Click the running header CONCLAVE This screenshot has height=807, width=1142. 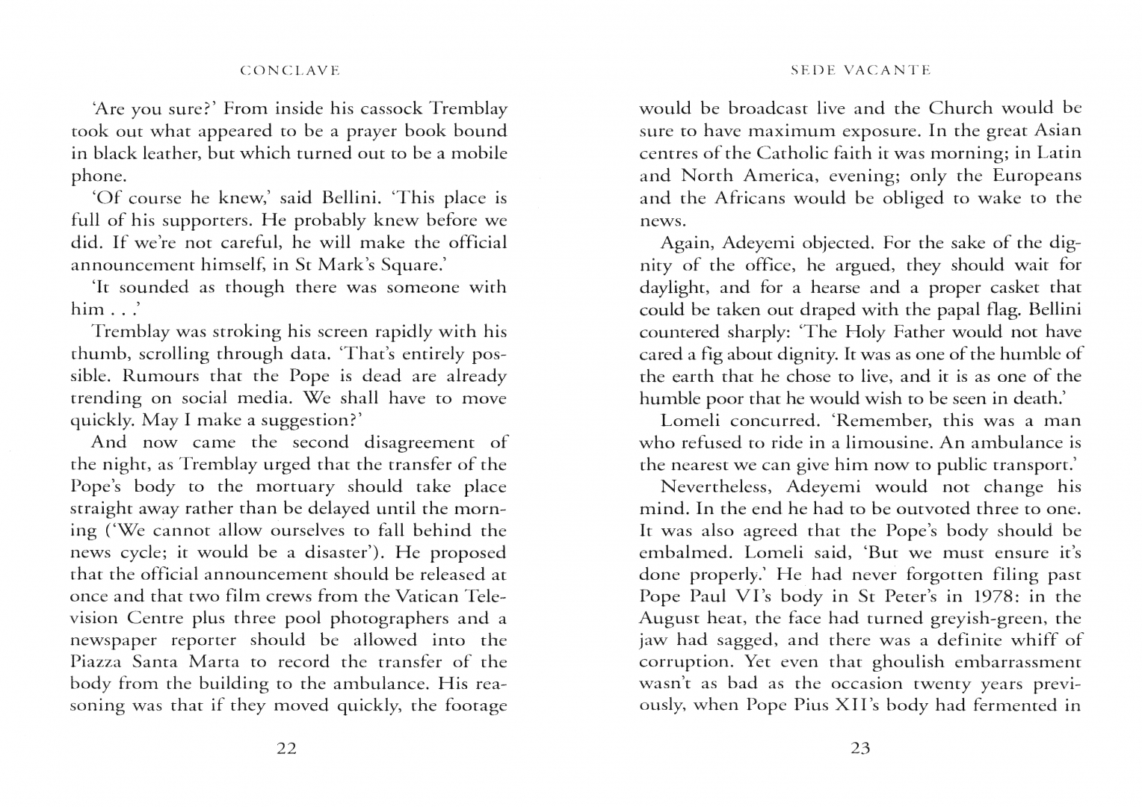click(291, 71)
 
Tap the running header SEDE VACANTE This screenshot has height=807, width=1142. click(860, 71)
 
